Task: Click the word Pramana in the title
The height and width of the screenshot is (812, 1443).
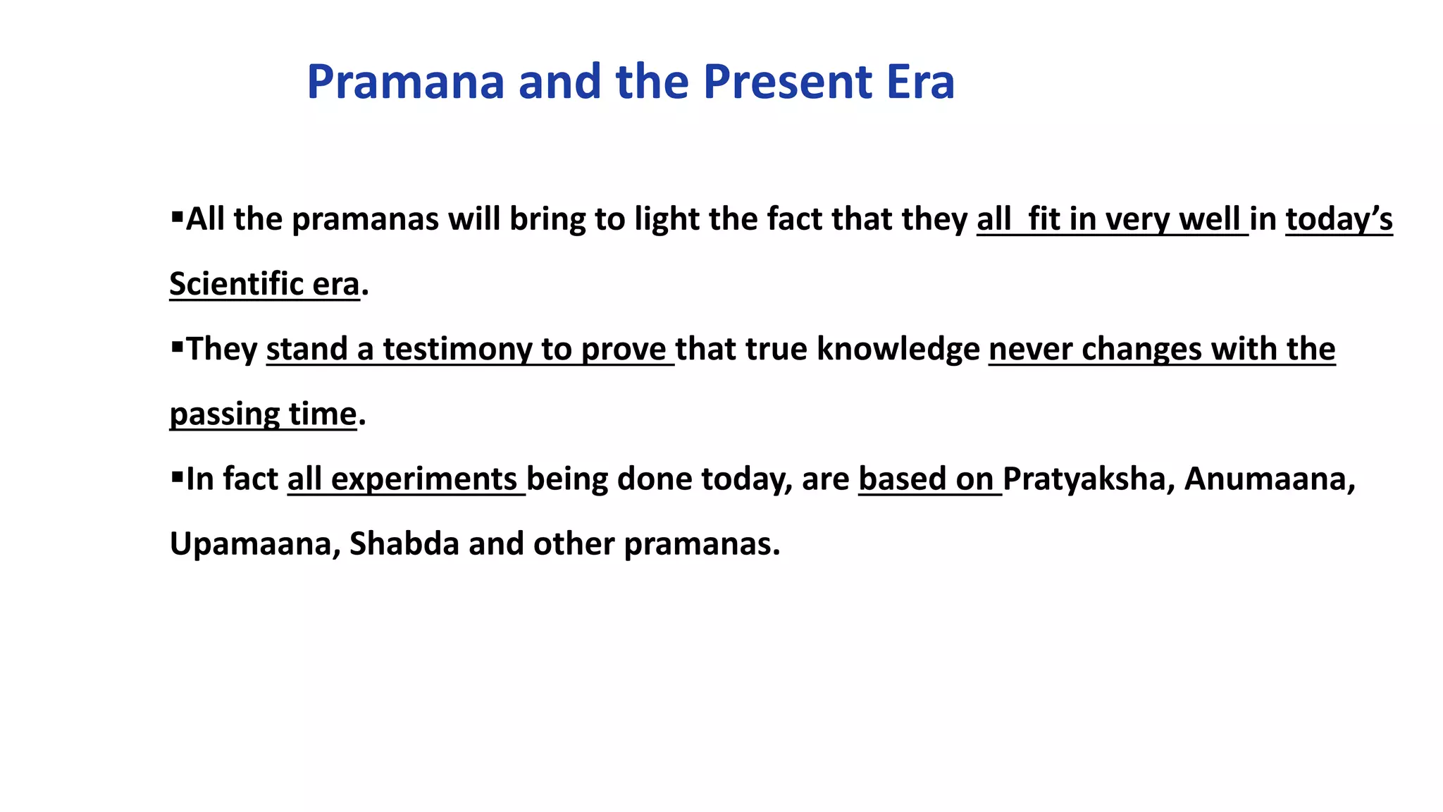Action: click(406, 82)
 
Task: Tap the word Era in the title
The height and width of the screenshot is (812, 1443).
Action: click(920, 82)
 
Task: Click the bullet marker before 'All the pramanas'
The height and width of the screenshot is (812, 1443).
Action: click(177, 214)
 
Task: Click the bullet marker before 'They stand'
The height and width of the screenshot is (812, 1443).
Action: click(177, 345)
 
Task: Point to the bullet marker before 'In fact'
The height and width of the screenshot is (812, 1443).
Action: click(177, 475)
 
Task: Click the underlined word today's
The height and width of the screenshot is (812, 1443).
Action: click(1339, 219)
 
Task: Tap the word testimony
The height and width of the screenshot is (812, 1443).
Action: click(457, 350)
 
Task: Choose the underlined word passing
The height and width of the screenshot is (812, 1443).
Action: click(225, 414)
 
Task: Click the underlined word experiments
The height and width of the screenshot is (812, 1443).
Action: click(424, 479)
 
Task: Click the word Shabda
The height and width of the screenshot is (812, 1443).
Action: click(404, 544)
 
